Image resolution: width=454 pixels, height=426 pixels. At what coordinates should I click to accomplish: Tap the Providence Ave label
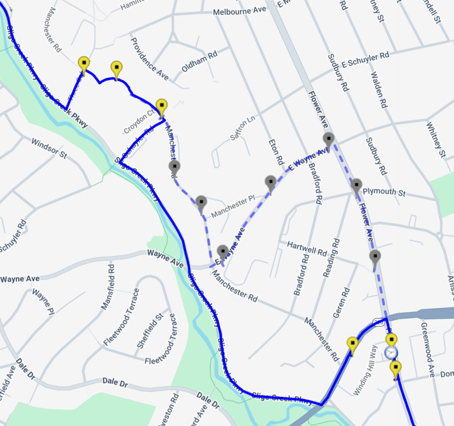point(150,59)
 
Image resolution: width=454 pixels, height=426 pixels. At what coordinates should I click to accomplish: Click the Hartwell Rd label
point(307,248)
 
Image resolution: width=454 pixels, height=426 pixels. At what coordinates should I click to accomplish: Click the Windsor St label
point(49,149)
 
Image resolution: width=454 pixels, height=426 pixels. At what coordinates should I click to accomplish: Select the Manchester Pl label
point(232,208)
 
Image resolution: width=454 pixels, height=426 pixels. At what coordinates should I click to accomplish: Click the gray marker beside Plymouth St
point(356,186)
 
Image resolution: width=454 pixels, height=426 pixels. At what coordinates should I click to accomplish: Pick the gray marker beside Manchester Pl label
point(201,203)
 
